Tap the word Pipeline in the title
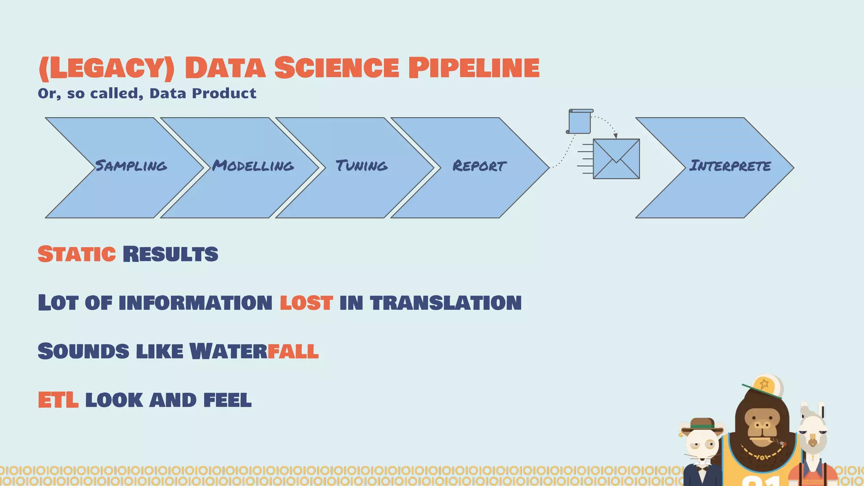point(474,68)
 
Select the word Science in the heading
point(336,68)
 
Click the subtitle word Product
point(224,93)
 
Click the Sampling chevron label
point(131,166)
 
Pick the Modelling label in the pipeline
point(253,166)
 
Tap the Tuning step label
point(362,166)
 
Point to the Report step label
point(479,166)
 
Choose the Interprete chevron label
point(730,166)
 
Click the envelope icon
point(616,159)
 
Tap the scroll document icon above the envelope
point(580,122)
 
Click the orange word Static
point(76,254)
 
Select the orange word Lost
point(306,303)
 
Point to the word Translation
point(445,303)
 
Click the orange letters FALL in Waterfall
point(293,351)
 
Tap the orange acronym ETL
point(58,400)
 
